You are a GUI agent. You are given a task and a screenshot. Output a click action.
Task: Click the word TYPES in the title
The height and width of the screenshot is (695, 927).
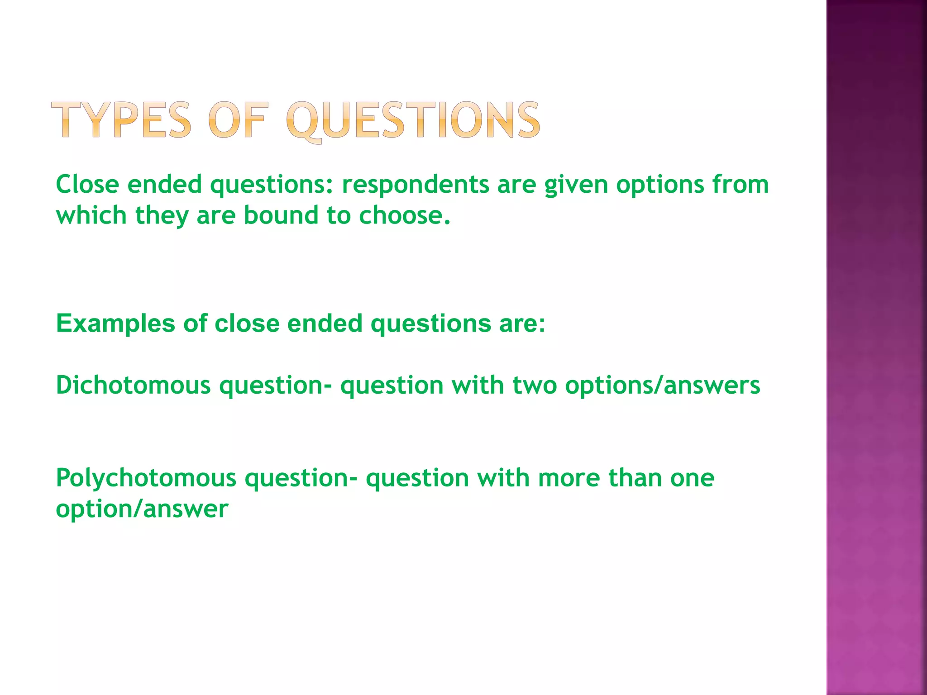121,119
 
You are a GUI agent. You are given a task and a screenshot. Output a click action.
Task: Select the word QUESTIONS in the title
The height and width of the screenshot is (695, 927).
413,120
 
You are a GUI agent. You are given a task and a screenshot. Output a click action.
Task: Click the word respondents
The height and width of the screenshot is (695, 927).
415,186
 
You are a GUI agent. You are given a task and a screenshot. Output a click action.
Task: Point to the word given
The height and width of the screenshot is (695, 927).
576,186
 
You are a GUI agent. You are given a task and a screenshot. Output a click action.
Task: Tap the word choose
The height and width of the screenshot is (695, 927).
405,215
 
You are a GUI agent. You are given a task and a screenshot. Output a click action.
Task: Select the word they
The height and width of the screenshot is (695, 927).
162,215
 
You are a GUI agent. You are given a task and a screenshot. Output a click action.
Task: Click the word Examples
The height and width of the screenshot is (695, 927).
115,324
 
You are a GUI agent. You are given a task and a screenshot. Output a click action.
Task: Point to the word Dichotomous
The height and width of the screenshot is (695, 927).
133,386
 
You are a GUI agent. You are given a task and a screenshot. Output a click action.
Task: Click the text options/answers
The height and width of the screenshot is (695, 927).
663,386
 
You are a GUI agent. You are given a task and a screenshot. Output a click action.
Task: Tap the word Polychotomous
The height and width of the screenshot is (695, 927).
146,479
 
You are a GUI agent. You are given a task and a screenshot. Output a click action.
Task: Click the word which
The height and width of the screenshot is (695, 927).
91,215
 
